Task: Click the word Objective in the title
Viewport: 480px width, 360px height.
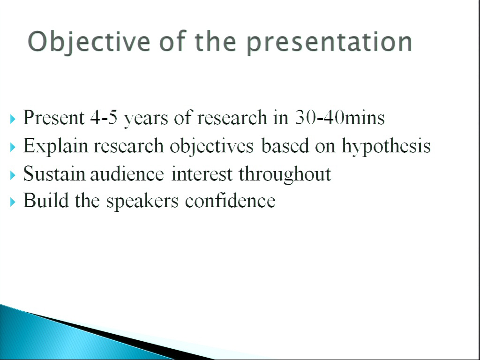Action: point(89,42)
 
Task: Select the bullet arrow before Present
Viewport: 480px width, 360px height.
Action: point(13,119)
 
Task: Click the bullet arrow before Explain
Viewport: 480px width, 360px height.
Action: point(13,147)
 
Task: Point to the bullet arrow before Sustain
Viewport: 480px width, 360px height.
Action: point(13,175)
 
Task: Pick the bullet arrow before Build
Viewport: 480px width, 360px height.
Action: point(13,202)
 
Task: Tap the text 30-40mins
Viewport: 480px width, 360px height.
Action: point(340,117)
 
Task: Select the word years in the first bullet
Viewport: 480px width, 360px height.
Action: point(146,120)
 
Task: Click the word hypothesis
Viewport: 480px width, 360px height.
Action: point(386,147)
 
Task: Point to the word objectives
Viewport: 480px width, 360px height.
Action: point(211,147)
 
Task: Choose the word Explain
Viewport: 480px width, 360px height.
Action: point(55,147)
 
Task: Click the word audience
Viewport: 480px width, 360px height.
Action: point(127,174)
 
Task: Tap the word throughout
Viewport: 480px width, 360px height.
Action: point(285,175)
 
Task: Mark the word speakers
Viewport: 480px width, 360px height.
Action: point(142,202)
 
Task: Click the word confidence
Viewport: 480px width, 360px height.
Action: point(230,201)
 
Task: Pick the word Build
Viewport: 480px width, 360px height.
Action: point(46,201)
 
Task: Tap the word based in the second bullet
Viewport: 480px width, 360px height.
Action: point(285,146)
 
